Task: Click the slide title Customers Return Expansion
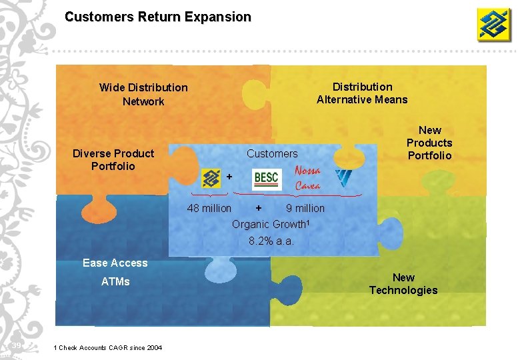tap(158, 17)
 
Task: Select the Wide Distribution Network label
tap(143, 94)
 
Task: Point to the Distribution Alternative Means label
tap(362, 93)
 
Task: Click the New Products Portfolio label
tap(429, 143)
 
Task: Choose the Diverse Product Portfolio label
tap(113, 160)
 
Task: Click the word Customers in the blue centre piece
tap(272, 153)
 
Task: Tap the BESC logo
tap(267, 179)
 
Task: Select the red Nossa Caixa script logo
tap(307, 178)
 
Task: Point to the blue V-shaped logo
tap(344, 178)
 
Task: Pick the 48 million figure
tap(209, 208)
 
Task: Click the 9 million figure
tap(305, 208)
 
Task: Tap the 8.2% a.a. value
tap(271, 241)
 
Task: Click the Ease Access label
tap(115, 263)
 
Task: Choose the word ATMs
tap(115, 281)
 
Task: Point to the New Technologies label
tap(403, 283)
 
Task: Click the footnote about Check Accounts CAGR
tap(107, 348)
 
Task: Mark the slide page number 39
tap(17, 345)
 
